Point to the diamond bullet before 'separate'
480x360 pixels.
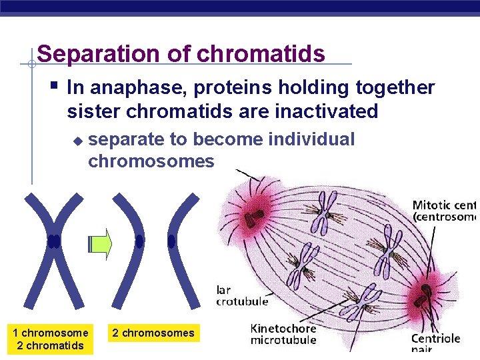tap(77, 141)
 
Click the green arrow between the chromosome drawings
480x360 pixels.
tap(101, 245)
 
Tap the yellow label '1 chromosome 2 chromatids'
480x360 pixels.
tap(50, 339)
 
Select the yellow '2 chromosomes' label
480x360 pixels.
tap(153, 333)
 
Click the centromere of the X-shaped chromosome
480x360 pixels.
tap(53, 241)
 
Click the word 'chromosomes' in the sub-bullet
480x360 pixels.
tap(151, 161)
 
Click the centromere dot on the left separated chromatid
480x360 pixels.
tap(139, 241)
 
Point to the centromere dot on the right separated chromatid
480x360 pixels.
tap(171, 241)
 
